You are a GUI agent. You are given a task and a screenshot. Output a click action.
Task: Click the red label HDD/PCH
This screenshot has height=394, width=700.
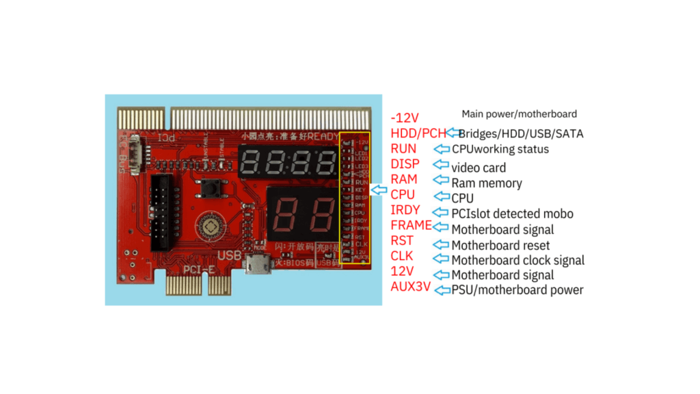(418, 133)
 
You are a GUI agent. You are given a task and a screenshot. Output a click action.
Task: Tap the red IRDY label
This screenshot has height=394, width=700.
(405, 210)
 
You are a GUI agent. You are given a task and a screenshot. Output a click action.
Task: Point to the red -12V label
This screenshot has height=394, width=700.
(405, 118)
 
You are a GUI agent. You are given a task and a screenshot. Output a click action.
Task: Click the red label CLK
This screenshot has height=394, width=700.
(401, 256)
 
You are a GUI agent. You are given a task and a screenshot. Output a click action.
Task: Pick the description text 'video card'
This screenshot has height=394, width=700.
(479, 168)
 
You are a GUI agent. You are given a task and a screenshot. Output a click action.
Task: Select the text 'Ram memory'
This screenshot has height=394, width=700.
(486, 183)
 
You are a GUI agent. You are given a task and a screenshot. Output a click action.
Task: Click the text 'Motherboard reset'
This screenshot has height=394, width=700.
(500, 245)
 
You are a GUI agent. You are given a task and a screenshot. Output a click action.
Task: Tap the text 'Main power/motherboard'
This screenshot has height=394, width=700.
(519, 114)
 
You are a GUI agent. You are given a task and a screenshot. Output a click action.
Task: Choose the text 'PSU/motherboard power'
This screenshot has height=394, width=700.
(517, 290)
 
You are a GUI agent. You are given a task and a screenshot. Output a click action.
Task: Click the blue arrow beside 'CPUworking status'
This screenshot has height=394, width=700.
(442, 148)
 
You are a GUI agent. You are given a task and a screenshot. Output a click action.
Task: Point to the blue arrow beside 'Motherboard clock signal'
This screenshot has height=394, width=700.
(442, 259)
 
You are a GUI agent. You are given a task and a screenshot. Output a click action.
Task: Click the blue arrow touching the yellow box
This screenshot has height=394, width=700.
(379, 189)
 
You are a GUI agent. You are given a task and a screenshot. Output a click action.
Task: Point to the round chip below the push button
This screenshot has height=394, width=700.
(209, 226)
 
